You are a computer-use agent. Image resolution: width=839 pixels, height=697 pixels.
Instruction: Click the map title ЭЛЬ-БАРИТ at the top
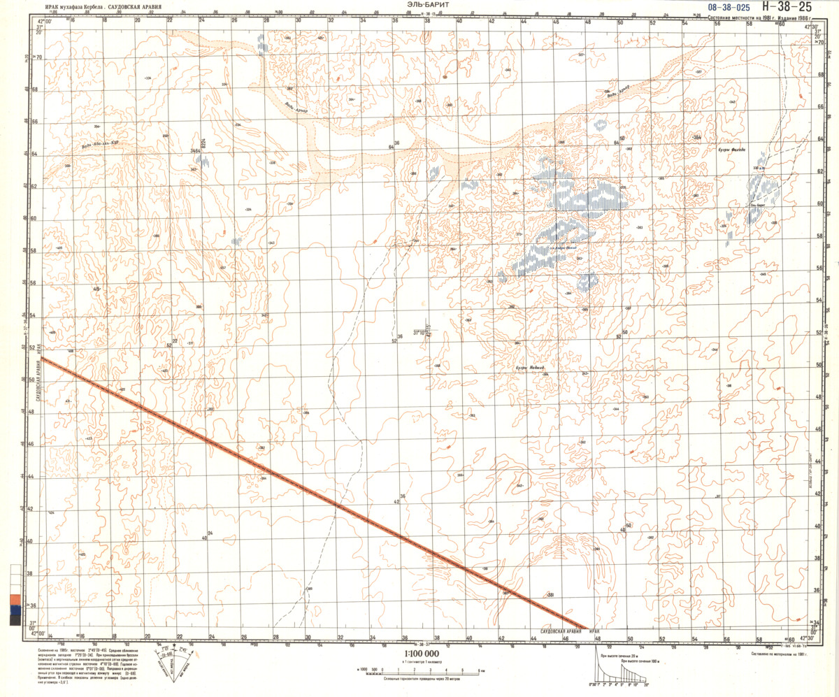click(x=428, y=5)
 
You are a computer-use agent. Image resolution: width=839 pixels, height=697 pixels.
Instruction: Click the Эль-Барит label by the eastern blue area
click(x=757, y=204)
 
